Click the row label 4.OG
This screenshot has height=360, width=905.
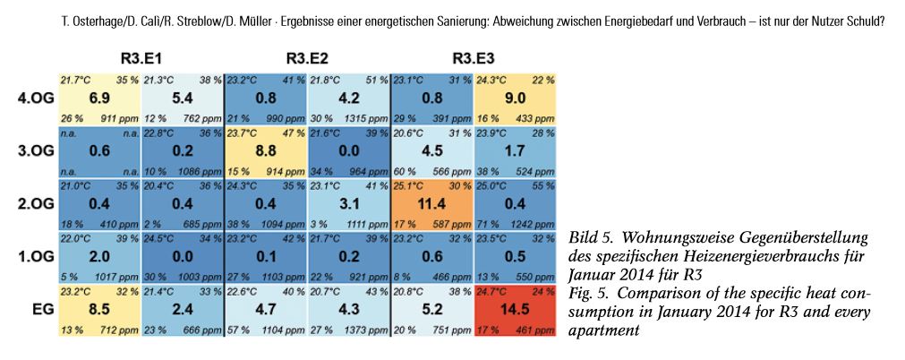coord(35,99)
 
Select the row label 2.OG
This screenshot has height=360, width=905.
coord(35,202)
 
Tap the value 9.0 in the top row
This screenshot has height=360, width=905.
coord(515,99)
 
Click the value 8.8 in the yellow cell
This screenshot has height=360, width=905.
coord(265,150)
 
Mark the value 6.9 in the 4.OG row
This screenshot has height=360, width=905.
coord(99,99)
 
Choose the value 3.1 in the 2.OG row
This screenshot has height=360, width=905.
coord(349,202)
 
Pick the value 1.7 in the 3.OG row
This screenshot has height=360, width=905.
coord(515,150)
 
